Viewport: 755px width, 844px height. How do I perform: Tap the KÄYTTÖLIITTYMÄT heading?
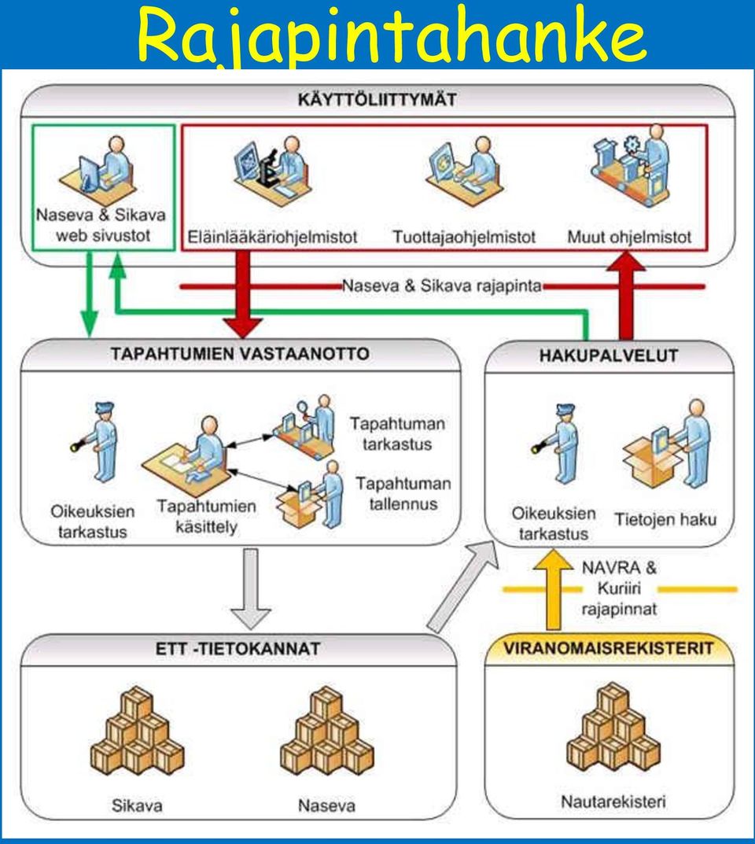tap(377, 100)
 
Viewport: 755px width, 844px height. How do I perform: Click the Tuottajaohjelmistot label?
tap(464, 237)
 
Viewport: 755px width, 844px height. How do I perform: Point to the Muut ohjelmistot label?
tap(629, 237)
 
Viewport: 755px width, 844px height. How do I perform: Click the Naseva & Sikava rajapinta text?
tap(442, 286)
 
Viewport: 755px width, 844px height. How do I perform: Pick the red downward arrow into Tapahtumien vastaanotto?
tap(243, 295)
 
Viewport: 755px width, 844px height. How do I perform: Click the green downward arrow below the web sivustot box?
tap(90, 294)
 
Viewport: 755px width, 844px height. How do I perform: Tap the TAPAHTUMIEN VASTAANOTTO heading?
tap(240, 354)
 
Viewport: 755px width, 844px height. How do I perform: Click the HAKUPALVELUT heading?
tap(609, 356)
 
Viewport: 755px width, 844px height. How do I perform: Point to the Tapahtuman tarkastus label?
tap(398, 434)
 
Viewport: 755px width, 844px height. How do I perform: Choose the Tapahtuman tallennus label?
tap(403, 494)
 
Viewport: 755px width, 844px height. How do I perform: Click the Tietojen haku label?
tap(665, 519)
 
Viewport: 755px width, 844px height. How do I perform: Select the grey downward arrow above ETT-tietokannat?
tap(251, 588)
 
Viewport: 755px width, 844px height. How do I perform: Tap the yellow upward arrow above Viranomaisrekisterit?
tap(553, 590)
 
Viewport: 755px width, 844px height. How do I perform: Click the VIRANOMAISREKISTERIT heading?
tap(609, 648)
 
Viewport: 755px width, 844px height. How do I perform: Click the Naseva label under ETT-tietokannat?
tap(326, 805)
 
